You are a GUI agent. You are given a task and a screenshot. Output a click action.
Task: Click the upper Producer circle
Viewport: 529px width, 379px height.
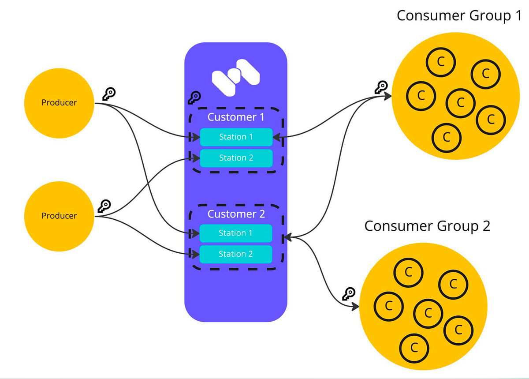(59, 102)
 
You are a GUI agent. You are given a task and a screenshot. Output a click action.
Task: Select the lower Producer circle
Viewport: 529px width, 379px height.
(59, 216)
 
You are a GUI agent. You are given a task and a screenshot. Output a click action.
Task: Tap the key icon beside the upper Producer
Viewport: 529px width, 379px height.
(109, 94)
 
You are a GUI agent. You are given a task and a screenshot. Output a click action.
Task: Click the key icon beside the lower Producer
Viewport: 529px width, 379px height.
(104, 206)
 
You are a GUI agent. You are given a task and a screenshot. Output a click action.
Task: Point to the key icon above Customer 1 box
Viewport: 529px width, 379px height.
(194, 98)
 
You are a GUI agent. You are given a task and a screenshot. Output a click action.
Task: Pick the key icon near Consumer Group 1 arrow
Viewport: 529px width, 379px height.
(381, 87)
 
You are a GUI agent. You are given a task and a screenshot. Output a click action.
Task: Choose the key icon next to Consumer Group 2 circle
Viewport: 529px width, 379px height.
(349, 294)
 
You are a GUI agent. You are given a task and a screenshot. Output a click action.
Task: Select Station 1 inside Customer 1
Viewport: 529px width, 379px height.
(236, 137)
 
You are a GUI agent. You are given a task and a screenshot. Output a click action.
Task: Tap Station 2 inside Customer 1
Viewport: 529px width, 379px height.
(236, 158)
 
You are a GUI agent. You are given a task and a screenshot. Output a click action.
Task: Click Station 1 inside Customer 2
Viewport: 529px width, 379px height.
(236, 233)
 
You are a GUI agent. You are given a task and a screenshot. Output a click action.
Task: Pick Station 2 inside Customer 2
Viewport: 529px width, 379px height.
(236, 254)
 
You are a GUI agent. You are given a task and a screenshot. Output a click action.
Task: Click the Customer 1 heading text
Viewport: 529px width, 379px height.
(236, 117)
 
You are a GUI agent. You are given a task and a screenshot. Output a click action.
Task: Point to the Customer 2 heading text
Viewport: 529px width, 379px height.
(236, 214)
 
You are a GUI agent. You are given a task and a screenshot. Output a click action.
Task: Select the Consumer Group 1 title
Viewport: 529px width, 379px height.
(459, 15)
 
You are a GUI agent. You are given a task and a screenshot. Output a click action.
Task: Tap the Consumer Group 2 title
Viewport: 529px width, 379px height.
(427, 226)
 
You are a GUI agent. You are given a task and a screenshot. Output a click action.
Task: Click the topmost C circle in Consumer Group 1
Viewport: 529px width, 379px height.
(440, 62)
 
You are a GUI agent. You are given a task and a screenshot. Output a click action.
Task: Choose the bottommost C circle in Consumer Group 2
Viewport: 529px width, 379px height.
(414, 347)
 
